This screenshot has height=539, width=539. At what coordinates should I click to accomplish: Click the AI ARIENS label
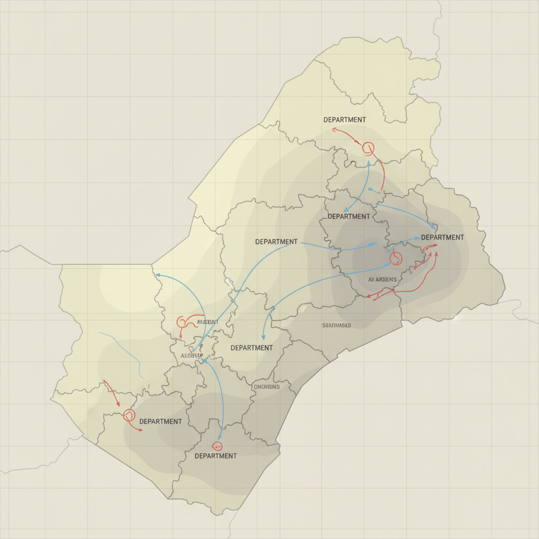[383, 280]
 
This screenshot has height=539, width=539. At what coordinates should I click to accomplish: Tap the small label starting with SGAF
[336, 325]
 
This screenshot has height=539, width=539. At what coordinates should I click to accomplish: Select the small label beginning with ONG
[266, 386]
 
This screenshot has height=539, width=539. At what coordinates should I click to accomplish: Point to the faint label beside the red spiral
[207, 322]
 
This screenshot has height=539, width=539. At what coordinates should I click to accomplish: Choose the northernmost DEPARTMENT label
[345, 119]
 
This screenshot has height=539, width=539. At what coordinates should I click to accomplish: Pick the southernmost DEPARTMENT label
[215, 455]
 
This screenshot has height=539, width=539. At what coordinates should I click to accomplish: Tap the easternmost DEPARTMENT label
[442, 237]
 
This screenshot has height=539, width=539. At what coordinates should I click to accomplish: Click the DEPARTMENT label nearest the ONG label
[252, 347]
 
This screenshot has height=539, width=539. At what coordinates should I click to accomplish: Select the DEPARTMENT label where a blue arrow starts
[276, 242]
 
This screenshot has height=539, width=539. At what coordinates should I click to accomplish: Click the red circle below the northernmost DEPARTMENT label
[368, 148]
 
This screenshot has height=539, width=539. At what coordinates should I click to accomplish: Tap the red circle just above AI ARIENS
[395, 257]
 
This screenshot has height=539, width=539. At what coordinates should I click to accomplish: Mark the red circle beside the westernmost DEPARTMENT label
[128, 415]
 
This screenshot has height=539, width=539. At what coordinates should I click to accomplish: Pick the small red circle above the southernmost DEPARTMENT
[216, 446]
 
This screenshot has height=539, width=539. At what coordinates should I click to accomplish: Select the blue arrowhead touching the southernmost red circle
[221, 440]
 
